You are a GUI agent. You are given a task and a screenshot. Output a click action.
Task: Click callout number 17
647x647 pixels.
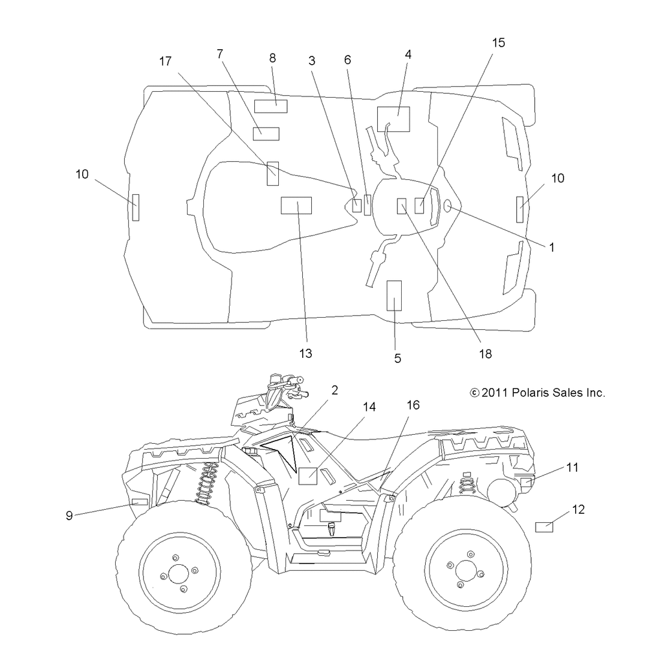pyautogui.click(x=165, y=61)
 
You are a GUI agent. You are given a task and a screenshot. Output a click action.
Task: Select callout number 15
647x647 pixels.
pyautogui.click(x=498, y=43)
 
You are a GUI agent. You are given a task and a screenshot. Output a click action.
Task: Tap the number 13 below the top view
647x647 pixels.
pyautogui.click(x=306, y=353)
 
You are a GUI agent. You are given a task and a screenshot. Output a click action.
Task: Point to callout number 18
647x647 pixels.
pyautogui.click(x=485, y=354)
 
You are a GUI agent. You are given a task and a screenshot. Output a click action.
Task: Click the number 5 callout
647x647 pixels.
pyautogui.click(x=397, y=358)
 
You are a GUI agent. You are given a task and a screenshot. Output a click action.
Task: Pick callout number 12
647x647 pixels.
pyautogui.click(x=578, y=510)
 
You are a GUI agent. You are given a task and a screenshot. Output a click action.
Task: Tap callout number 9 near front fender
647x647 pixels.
pyautogui.click(x=69, y=516)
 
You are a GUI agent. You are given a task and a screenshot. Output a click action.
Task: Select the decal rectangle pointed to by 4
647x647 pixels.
pyautogui.click(x=393, y=119)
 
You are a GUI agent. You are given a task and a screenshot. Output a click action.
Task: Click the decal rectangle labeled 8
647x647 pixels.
pyautogui.click(x=270, y=107)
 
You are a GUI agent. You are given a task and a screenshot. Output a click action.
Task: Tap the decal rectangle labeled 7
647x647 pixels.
pyautogui.click(x=266, y=134)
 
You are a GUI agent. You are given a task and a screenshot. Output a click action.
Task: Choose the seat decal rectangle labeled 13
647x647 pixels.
pyautogui.click(x=296, y=206)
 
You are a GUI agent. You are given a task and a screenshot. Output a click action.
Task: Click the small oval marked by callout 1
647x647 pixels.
pyautogui.click(x=447, y=206)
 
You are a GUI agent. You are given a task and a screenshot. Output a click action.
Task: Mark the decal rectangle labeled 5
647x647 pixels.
pyautogui.click(x=394, y=296)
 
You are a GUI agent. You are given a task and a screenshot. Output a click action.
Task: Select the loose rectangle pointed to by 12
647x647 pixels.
pyautogui.click(x=544, y=527)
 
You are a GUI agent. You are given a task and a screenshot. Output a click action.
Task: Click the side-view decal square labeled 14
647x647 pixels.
pyautogui.click(x=308, y=476)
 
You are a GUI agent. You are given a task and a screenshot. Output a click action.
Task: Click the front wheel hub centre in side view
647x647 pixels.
pyautogui.click(x=179, y=573)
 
